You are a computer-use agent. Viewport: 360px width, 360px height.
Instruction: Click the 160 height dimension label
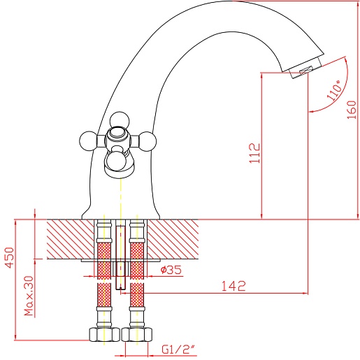(352, 110)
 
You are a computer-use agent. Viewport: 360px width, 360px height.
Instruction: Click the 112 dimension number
(254, 153)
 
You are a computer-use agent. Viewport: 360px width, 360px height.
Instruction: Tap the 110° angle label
(335, 90)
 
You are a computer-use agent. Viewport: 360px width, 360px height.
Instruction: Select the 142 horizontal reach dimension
(233, 286)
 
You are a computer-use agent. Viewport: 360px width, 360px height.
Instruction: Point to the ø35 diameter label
(171, 270)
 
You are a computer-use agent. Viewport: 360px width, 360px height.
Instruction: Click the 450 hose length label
(10, 257)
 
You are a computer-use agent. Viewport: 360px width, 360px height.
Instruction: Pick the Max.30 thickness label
(29, 296)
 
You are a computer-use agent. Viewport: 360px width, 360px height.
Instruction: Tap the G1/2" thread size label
(178, 350)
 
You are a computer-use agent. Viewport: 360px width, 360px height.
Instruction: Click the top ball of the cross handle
(120, 120)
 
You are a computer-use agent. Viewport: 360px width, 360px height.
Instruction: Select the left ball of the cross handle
(88, 141)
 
